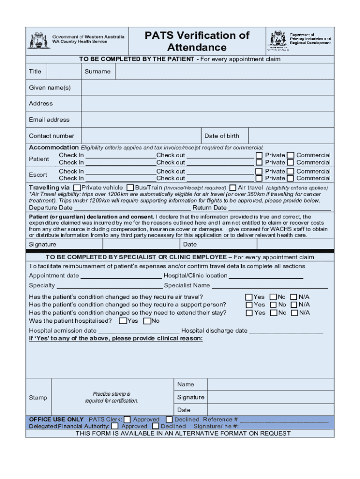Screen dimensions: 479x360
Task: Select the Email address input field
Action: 208,120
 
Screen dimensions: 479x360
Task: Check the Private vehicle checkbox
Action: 77,188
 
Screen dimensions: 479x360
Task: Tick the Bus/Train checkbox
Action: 130,188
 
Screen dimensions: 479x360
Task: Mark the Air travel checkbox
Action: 233,188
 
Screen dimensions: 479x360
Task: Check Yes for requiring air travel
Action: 249,297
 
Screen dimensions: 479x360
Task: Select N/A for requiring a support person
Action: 294,305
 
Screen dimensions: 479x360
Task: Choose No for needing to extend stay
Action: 273,313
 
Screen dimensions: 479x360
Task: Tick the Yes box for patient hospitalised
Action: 122,321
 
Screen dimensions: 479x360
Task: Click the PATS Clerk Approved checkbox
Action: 127,420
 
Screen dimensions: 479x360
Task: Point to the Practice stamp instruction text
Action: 111,397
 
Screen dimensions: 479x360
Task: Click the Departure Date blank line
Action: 132,207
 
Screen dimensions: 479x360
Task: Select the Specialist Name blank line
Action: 270,285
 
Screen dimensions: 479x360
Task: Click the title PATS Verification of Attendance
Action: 197,41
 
